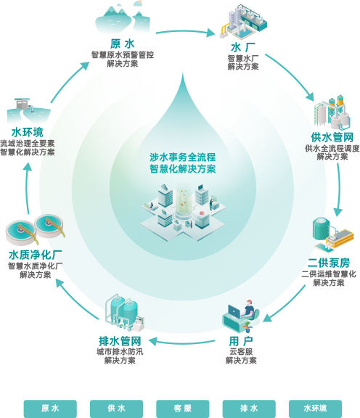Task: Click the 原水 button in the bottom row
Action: [50, 409]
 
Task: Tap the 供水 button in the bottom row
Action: [117, 409]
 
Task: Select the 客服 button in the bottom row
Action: [183, 409]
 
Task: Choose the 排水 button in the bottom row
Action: [249, 409]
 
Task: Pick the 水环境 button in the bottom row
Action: [315, 409]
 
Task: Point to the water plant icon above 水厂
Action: [243, 21]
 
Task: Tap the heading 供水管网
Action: [332, 137]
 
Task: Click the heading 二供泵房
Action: [329, 263]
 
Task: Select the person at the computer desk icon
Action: [241, 316]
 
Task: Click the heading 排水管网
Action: [120, 341]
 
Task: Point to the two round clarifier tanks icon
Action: [35, 229]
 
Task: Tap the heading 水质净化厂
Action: [35, 255]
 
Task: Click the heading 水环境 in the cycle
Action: [27, 132]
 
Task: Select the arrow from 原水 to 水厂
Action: [185, 31]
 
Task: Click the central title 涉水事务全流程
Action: [183, 157]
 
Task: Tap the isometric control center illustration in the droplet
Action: [183, 212]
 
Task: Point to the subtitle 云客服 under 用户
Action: [241, 352]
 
